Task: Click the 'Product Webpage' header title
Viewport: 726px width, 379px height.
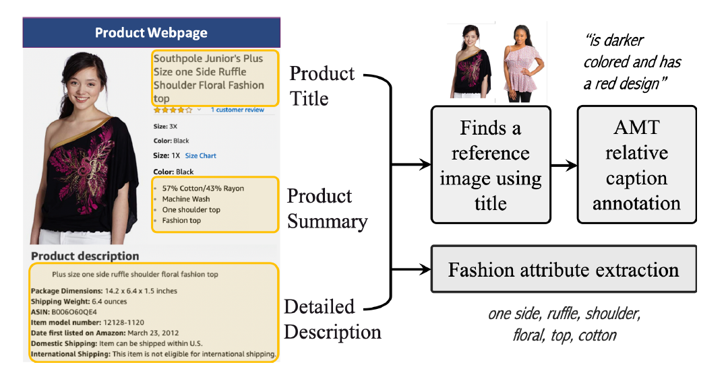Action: (x=151, y=33)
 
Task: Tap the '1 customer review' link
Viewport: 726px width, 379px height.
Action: (x=237, y=110)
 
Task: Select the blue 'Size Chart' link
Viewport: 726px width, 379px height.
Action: (x=200, y=156)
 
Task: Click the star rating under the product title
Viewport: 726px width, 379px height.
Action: (x=173, y=110)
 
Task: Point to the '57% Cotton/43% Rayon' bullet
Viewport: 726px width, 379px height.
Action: (x=203, y=188)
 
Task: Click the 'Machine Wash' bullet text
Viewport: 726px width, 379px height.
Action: (x=185, y=199)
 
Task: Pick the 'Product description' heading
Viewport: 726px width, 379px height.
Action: (x=85, y=256)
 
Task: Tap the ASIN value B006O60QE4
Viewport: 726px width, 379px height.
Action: (x=74, y=312)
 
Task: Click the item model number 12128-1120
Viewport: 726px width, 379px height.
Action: (x=123, y=322)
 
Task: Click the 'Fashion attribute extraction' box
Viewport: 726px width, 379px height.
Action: (x=564, y=269)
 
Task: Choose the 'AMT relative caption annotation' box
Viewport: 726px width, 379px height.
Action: (x=636, y=164)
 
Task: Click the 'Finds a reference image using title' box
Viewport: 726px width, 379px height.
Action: (x=491, y=164)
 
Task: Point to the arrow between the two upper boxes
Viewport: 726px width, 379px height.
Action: (x=564, y=164)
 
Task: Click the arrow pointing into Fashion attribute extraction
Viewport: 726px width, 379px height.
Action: (x=411, y=269)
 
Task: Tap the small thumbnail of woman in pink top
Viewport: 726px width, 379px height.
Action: (x=524, y=63)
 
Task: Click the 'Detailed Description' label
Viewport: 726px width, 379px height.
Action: (x=332, y=319)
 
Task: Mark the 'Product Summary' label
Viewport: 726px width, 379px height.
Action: (x=328, y=209)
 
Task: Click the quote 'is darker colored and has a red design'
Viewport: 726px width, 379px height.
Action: (x=632, y=62)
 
